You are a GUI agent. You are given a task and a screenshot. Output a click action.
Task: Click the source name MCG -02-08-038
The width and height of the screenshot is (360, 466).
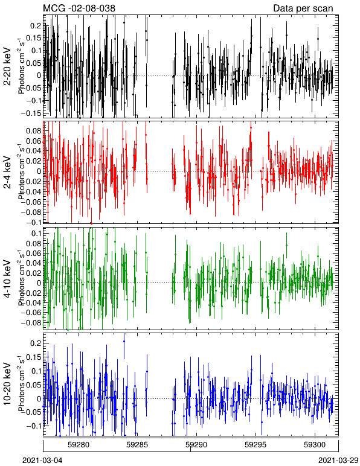pyautogui.click(x=79, y=8)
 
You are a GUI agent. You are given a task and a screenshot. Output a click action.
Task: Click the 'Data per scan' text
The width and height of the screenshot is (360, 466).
pyautogui.click(x=303, y=8)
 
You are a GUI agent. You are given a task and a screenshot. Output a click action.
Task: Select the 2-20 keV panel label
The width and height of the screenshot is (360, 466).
pyautogui.click(x=7, y=67)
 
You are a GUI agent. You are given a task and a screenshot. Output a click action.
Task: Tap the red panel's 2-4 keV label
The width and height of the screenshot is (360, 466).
pyautogui.click(x=7, y=173)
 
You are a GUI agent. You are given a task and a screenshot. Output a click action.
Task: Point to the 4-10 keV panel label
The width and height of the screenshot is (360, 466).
pyautogui.click(x=7, y=278)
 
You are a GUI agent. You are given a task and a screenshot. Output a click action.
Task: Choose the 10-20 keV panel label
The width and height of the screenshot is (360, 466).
pyautogui.click(x=7, y=383)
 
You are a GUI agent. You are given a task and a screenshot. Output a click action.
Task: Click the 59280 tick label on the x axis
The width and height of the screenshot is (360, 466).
pyautogui.click(x=78, y=445)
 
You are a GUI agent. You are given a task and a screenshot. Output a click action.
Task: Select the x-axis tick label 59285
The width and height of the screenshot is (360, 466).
pyautogui.click(x=137, y=445)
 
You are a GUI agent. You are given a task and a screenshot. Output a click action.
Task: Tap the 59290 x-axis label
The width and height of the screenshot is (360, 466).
pyautogui.click(x=196, y=445)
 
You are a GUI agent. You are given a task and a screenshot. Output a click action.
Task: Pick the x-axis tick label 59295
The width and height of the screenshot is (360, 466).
pyautogui.click(x=255, y=445)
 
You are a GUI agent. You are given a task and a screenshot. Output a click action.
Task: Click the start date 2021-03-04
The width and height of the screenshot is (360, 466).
pyautogui.click(x=42, y=461)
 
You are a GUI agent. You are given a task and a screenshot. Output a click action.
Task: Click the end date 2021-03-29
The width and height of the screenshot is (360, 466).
pyautogui.click(x=338, y=461)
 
